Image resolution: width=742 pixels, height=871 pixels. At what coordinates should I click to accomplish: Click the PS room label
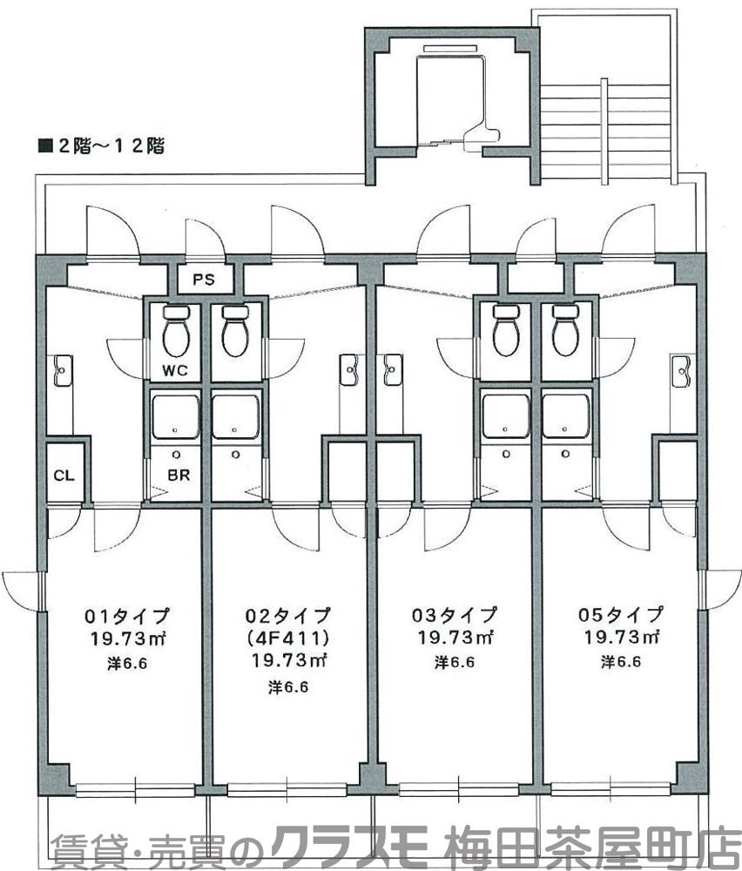point(203,280)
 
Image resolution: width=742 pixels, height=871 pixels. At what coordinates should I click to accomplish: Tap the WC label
point(175,370)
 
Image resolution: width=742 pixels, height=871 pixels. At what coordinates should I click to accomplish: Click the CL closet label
point(64,476)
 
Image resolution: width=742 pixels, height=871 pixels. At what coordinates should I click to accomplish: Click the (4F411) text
point(286,637)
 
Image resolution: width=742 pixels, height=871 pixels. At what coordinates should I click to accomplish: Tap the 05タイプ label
point(620,615)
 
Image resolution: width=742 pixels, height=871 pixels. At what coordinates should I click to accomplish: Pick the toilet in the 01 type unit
point(177,332)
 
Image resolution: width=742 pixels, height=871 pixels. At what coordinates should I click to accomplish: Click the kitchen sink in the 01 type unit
point(61,370)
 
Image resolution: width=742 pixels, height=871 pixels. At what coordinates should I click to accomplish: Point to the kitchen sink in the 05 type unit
point(681,370)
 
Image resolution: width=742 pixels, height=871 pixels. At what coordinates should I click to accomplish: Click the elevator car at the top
point(452,96)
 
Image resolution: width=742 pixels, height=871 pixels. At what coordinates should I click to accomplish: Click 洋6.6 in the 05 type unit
point(620,661)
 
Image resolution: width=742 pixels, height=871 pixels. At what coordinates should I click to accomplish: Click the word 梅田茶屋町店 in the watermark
point(592,848)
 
